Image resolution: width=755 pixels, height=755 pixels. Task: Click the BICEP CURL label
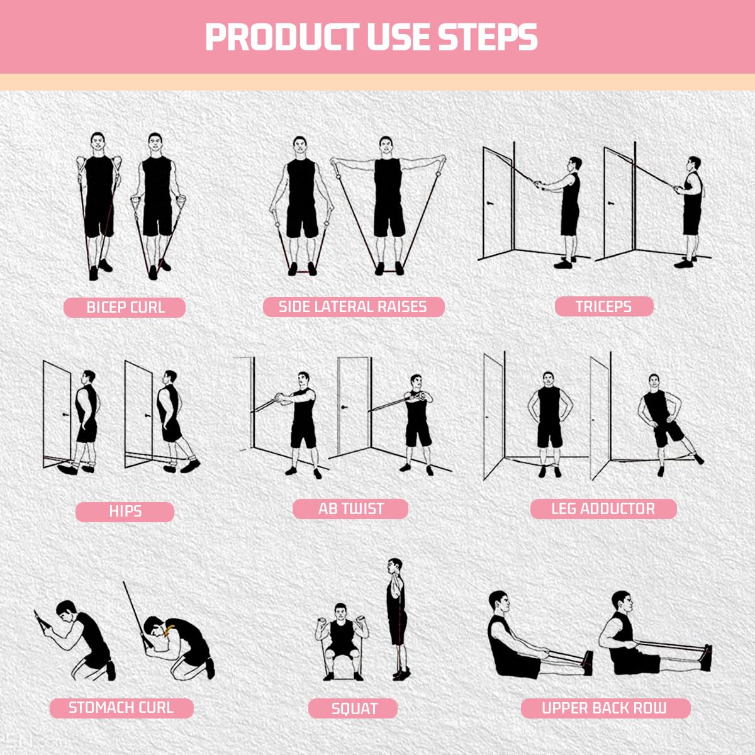(x=125, y=308)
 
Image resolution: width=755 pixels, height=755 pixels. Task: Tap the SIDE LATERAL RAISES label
(x=353, y=307)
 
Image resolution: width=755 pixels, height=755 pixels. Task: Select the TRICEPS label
(x=603, y=306)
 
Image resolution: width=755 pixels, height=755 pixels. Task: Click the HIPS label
(x=125, y=512)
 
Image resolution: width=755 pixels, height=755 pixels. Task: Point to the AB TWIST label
(x=350, y=508)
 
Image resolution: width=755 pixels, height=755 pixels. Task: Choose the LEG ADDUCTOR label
(x=603, y=508)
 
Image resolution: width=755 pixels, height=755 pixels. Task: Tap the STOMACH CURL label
(x=121, y=708)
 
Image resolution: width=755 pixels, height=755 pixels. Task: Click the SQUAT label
(x=353, y=708)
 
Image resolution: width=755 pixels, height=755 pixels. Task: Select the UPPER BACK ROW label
(x=605, y=708)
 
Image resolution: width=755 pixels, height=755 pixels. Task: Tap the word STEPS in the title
(x=488, y=37)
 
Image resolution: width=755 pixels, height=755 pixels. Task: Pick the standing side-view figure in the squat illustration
(x=396, y=617)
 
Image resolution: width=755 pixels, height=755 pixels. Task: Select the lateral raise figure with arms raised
(x=388, y=201)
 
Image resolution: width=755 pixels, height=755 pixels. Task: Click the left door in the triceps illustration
(x=497, y=201)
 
